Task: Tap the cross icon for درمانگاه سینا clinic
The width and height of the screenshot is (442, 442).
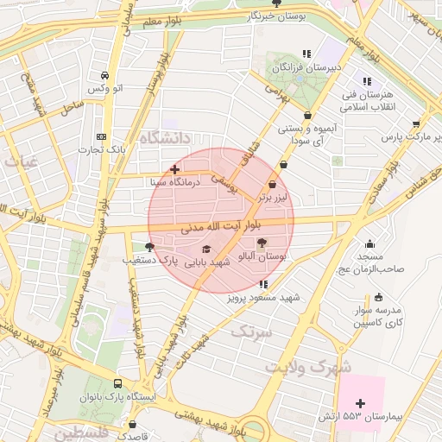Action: click(175, 169)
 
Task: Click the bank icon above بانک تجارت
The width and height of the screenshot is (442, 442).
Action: click(102, 136)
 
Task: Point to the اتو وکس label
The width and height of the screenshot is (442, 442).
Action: click(106, 89)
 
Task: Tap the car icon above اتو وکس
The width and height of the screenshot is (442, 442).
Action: click(104, 75)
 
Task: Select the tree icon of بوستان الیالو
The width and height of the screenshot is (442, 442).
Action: click(263, 243)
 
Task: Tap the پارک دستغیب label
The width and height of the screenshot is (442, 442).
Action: click(148, 259)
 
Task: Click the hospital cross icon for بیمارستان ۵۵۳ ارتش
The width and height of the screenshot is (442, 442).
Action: click(360, 403)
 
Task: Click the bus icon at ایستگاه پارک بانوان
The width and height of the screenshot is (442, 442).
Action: click(117, 383)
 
